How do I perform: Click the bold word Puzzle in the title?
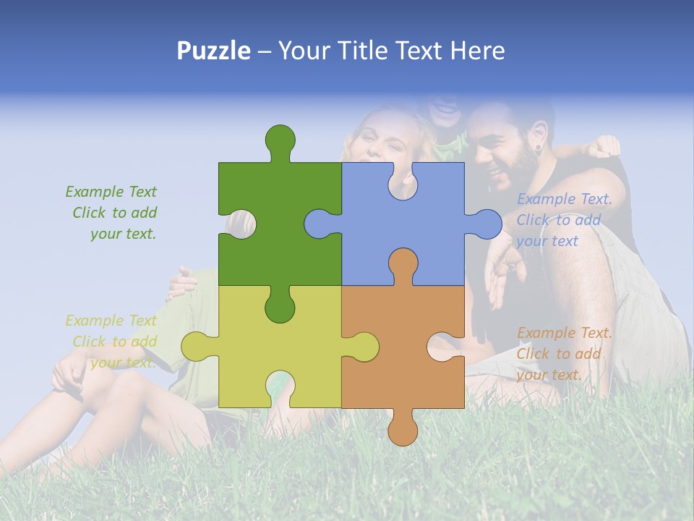[213, 51]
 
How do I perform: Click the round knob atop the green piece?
[280, 139]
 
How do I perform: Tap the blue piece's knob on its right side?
[486, 224]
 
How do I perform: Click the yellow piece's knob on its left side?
[196, 347]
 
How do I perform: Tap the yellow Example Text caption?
[113, 342]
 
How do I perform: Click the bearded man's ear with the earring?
[536, 148]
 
